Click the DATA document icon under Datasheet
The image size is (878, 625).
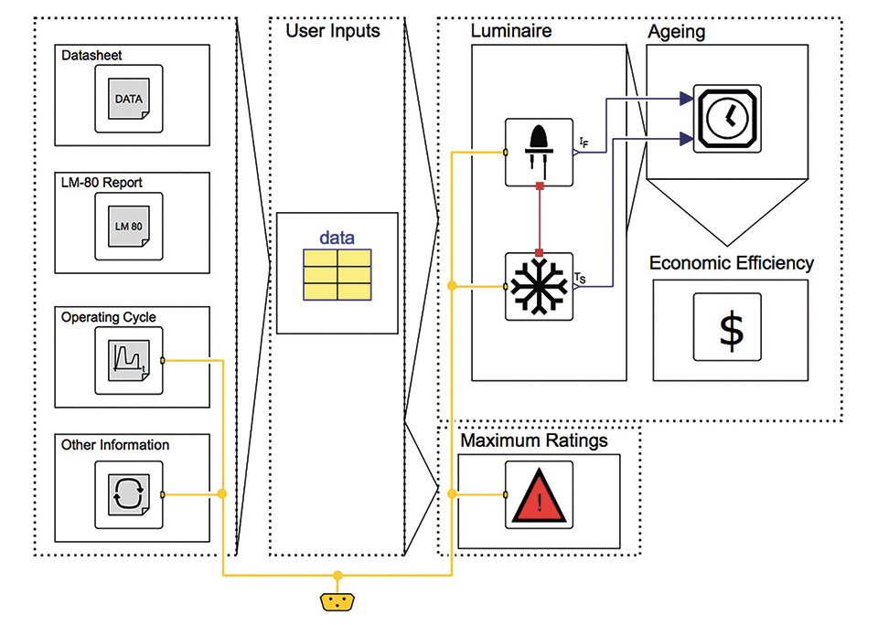[129, 99]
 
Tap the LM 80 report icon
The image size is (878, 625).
[129, 227]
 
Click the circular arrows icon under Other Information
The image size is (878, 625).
[129, 494]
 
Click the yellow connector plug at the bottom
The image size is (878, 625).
[337, 601]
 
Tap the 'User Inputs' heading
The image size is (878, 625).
[333, 31]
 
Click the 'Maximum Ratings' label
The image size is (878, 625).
[534, 441]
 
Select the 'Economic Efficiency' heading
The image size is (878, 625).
[732, 263]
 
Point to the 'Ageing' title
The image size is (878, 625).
[677, 32]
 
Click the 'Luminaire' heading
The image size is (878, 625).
[511, 32]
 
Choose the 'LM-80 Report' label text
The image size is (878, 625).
[102, 183]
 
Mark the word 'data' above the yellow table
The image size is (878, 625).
[337, 238]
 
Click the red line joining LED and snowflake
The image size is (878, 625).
[540, 219]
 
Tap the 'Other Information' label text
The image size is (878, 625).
[115, 445]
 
